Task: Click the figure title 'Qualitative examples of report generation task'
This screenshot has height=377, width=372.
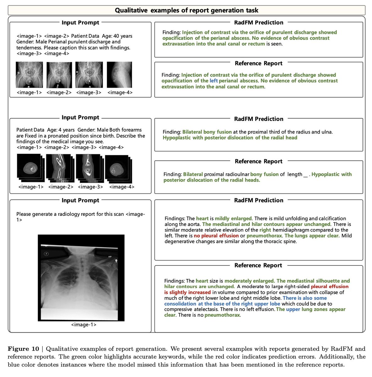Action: coord(186,10)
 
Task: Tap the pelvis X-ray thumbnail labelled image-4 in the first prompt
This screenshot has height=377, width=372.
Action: coord(119,75)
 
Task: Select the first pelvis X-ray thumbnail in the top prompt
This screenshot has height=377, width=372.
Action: coord(29,75)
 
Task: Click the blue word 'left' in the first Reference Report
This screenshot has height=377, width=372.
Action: coord(213,81)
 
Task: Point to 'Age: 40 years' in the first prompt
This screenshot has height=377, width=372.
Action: coord(116,36)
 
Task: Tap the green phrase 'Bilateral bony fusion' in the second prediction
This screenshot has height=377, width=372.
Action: coord(207,132)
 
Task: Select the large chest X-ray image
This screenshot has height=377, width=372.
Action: coord(81,278)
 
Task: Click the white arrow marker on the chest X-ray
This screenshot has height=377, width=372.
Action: coord(116,261)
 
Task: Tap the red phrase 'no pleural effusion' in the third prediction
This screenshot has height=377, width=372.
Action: coord(216,236)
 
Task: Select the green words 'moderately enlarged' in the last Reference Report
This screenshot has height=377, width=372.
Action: coord(249,281)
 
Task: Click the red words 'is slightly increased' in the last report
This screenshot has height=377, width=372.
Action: coord(187,292)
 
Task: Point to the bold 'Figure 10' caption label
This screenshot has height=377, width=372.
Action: coord(24,349)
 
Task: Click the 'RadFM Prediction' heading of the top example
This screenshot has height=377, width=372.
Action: coord(259,23)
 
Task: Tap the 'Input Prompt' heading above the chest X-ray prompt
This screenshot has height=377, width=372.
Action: coord(80,200)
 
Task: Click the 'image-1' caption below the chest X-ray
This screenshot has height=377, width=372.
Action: coord(84,325)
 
